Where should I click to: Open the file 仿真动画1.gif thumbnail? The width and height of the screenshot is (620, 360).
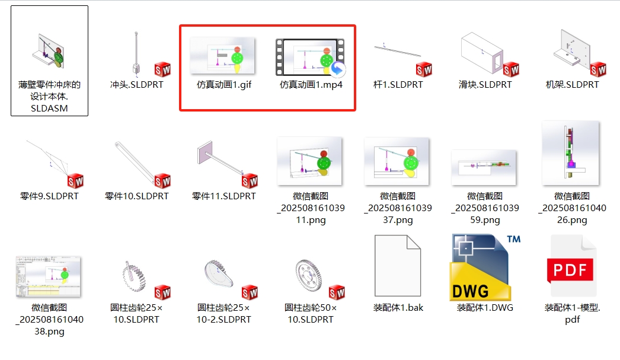222,55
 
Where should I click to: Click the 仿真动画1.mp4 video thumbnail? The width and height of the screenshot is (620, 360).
310,56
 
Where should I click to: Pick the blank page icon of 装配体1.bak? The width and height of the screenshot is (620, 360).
397,266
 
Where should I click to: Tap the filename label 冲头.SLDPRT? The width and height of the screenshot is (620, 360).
136,85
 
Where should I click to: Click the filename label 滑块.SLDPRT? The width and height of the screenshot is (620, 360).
485,85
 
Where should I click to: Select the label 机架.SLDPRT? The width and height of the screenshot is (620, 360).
572,85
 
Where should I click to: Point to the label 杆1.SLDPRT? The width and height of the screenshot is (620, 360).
398,85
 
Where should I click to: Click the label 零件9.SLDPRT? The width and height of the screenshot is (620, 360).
49,196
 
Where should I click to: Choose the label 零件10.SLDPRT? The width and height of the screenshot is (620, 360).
136,196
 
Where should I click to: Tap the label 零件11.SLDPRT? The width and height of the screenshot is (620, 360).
224,196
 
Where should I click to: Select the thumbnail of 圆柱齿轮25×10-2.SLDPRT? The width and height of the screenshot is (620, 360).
219,274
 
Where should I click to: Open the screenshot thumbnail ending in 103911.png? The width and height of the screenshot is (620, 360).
309,161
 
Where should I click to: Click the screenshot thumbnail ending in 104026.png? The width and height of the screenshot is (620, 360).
571,153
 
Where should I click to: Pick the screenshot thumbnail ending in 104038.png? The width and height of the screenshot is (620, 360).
48,276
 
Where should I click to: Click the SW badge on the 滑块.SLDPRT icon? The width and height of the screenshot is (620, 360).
511,69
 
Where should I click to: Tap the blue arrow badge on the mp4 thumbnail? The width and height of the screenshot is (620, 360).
337,69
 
